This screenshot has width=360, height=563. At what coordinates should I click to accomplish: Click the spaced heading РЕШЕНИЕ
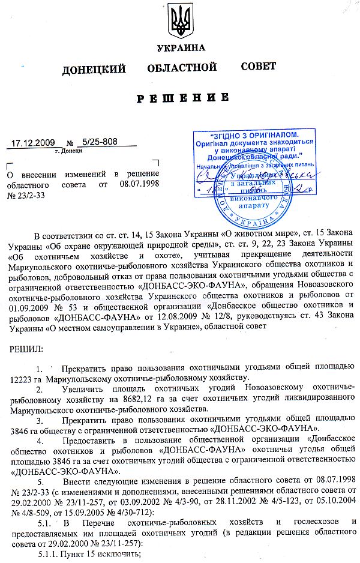pyautogui.click(x=182, y=98)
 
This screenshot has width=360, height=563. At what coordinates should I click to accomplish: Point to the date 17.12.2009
pyautogui.click(x=34, y=143)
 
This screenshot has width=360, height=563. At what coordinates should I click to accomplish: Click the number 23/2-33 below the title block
pyautogui.click(x=25, y=194)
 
